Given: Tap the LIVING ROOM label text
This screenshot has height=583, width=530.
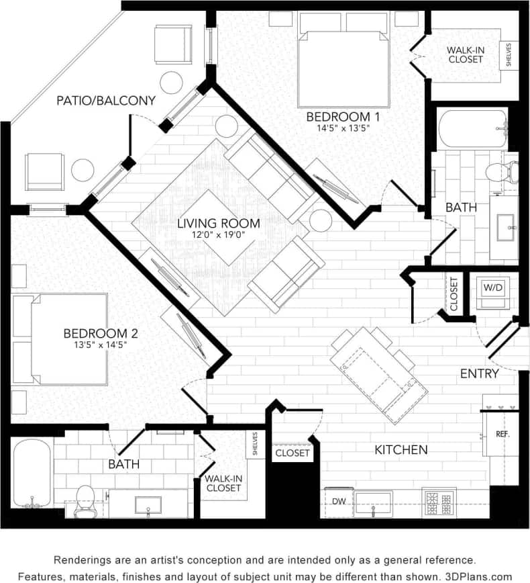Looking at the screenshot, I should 209,223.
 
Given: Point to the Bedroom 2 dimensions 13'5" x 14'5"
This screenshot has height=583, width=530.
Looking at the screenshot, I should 95,345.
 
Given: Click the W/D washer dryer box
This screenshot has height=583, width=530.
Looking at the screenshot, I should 492,287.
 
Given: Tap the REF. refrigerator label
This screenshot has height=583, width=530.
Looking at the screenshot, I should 502,434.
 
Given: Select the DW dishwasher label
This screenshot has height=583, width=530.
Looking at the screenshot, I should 338,500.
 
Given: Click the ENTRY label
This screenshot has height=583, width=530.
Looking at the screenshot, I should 479,373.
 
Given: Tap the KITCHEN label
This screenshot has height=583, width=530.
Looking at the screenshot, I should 402,449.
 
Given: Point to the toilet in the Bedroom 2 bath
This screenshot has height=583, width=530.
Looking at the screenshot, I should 85,500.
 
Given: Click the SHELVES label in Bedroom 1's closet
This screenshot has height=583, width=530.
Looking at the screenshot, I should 510,56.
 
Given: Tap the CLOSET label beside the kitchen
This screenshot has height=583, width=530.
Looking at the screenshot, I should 293,453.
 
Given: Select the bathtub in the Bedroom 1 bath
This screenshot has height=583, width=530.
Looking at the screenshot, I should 472,129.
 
